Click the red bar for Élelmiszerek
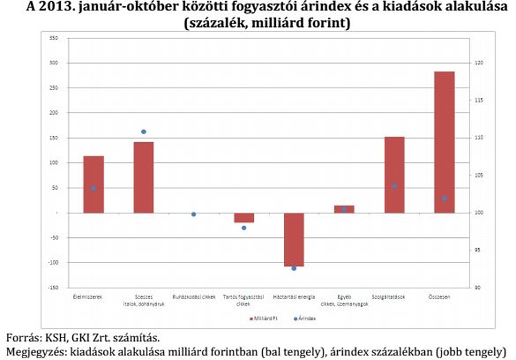tap(93, 184)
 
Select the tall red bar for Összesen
tap(444, 142)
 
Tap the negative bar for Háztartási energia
tap(294, 240)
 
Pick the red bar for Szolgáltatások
tap(394, 175)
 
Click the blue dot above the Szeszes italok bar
tap(144, 132)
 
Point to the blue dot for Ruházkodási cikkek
tap(194, 214)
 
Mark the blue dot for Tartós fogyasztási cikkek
tap(244, 228)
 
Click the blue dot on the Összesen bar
tap(444, 199)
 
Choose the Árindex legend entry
tap(306, 318)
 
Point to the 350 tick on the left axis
tap(54, 38)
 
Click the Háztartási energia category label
tap(294, 297)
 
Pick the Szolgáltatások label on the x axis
tap(394, 297)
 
